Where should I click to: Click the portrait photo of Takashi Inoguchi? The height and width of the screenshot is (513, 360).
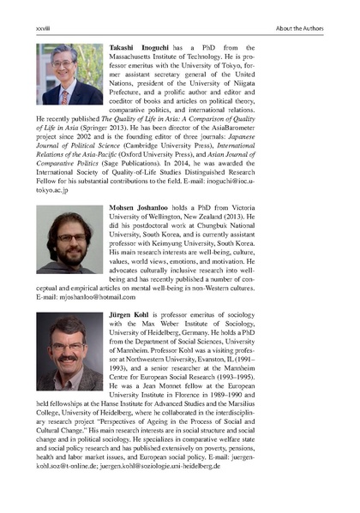pyautogui.click(x=69, y=75)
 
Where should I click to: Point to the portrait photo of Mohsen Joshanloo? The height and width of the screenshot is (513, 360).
pyautogui.click(x=69, y=235)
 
